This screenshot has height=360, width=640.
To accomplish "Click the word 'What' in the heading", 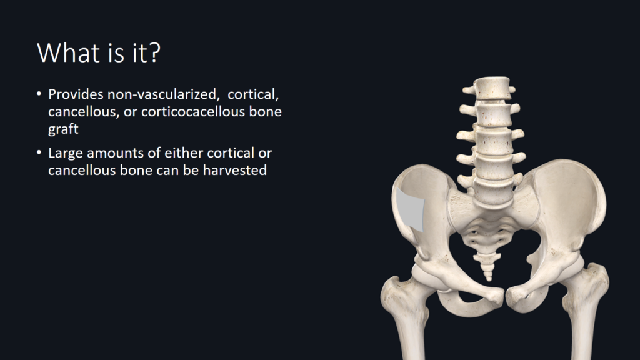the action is point(65,52).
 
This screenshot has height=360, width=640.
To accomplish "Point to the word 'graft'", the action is point(63,129).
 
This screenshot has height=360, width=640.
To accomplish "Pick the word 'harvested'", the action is point(235,170).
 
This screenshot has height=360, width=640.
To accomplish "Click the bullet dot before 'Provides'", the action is point(39,94).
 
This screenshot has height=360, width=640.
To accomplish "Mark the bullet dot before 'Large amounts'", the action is point(39,152).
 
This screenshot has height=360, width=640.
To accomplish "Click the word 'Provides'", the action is point(76,94).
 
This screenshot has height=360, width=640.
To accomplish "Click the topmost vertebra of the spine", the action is point(491,87).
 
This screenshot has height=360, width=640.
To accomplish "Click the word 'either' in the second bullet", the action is point(183,152).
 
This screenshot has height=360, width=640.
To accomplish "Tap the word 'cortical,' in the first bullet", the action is point(253,95).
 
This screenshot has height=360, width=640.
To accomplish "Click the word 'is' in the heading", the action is point(113,53).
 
